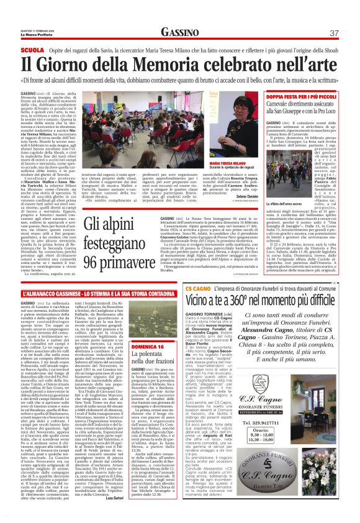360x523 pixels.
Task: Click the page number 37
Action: (333, 32)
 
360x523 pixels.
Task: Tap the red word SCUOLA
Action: (32, 49)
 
